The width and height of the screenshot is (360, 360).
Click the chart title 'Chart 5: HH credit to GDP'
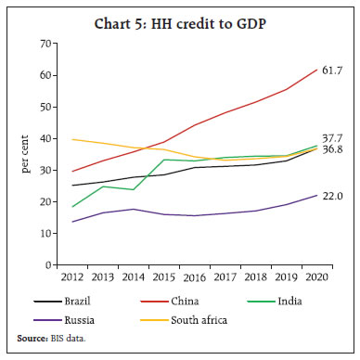(x=179, y=21)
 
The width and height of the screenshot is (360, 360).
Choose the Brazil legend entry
(x=70, y=302)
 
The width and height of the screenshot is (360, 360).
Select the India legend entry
(x=285, y=302)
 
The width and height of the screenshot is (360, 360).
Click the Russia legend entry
(x=70, y=319)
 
